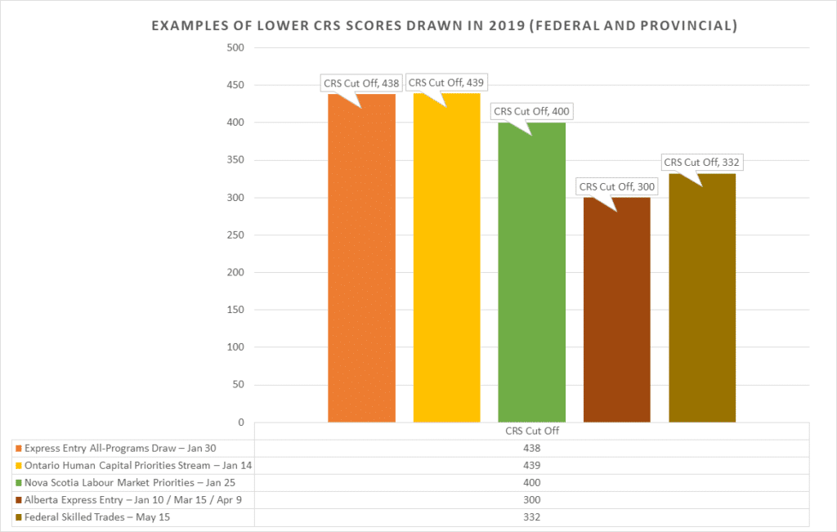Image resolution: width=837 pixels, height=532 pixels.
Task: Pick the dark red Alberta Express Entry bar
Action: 616,310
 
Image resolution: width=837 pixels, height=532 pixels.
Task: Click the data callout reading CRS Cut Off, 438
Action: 360,83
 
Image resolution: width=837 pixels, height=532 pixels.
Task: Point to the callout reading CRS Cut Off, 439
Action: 445,83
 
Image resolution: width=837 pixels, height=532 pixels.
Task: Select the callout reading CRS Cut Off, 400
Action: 530,111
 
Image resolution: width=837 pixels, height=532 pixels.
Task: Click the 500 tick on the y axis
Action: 235,47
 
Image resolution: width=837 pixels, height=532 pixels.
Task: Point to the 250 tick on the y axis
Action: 235,235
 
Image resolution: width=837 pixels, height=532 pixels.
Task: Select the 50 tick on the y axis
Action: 238,385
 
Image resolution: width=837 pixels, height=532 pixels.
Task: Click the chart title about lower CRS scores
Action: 445,26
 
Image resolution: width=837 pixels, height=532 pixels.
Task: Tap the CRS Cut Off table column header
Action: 531,431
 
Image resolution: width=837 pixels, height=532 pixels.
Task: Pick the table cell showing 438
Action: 531,448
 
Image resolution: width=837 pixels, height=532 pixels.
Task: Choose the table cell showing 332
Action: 531,517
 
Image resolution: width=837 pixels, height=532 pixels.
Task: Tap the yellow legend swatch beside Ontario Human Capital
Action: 18,466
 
